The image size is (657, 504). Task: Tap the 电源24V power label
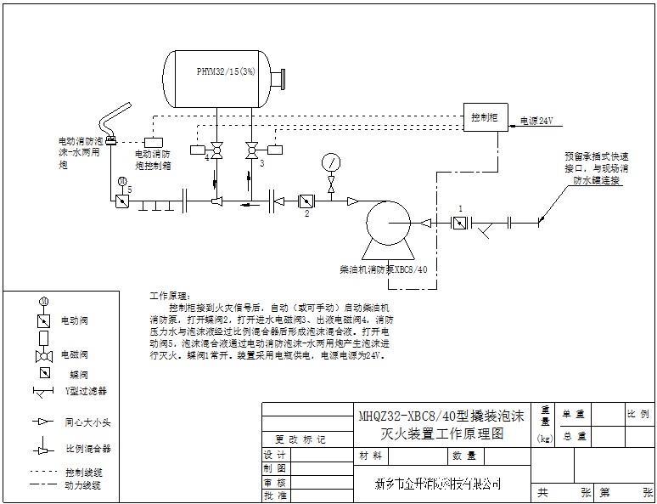tap(536, 122)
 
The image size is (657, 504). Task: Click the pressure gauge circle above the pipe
tap(329, 161)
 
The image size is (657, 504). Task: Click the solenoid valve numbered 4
tap(216, 153)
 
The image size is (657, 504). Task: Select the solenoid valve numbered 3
tap(252, 153)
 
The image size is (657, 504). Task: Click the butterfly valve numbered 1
tap(459, 224)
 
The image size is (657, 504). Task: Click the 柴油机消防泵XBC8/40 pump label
tap(383, 269)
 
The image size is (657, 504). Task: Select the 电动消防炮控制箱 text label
tap(154, 159)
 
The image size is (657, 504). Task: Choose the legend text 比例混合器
tap(88, 448)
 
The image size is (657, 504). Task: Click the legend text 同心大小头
tap(87, 421)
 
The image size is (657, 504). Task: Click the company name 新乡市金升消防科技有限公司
tap(437, 484)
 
